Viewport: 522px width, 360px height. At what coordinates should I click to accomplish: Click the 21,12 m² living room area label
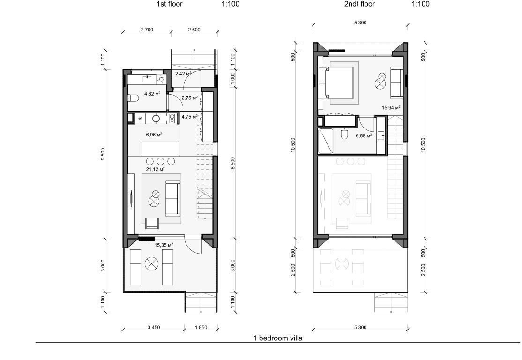[156, 169]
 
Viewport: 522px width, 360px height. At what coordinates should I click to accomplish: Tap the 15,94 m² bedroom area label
[391, 107]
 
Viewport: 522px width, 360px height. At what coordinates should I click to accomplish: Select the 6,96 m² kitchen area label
[154, 135]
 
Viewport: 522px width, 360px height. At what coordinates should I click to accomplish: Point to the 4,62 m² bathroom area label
[152, 94]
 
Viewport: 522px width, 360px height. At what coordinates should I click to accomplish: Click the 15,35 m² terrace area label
[164, 245]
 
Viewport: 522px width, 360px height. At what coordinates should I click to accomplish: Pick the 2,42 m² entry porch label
[183, 74]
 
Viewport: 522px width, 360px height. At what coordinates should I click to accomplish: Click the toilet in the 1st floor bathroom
[133, 98]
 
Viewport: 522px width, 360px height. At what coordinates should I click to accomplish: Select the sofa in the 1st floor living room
[173, 199]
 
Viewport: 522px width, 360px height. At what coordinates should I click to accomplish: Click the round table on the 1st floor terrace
[151, 264]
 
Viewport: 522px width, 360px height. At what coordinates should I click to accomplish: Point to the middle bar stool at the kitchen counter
[160, 162]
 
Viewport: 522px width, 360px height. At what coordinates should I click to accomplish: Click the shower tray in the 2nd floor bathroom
[326, 141]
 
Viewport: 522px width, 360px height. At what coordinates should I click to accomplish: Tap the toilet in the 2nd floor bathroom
[344, 133]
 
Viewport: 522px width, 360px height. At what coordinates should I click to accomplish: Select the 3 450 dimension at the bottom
[154, 327]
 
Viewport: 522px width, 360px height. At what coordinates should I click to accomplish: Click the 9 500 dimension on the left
[103, 154]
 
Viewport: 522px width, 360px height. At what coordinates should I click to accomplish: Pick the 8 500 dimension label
[233, 163]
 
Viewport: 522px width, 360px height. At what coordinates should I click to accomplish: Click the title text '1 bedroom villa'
[278, 338]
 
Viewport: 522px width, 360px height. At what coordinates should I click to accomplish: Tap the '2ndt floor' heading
[359, 4]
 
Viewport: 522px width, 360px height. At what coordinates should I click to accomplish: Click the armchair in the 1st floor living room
[152, 223]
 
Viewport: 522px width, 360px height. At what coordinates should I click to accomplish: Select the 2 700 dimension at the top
[147, 30]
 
